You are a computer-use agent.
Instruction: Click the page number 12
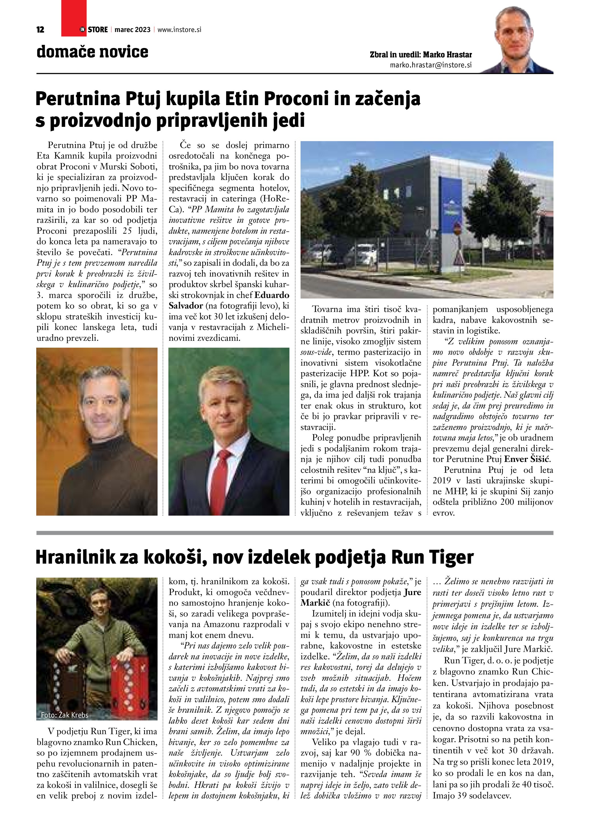tap(40, 30)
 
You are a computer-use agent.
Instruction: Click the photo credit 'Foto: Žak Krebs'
tap(65, 715)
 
